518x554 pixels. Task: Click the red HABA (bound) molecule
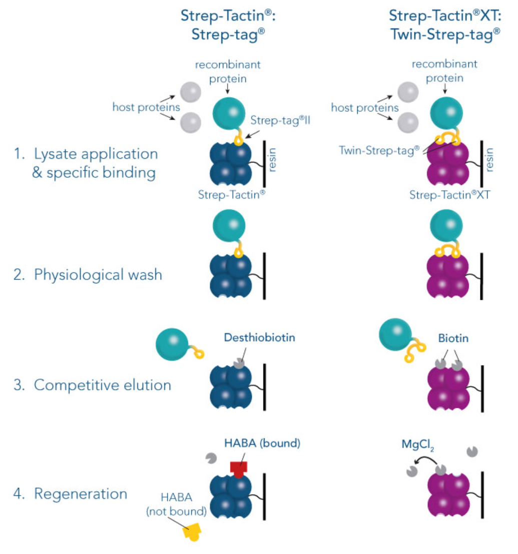(x=239, y=468)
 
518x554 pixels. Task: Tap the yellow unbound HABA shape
(x=192, y=532)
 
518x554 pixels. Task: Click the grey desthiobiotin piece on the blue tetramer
(x=240, y=363)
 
